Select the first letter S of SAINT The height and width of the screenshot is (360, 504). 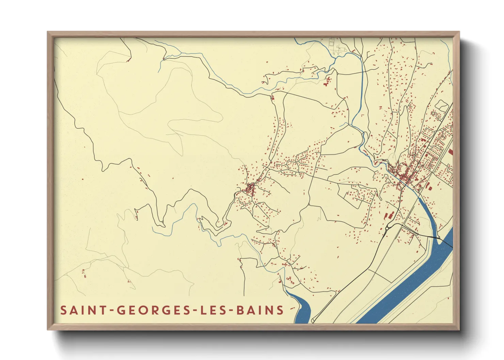click(63, 310)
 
